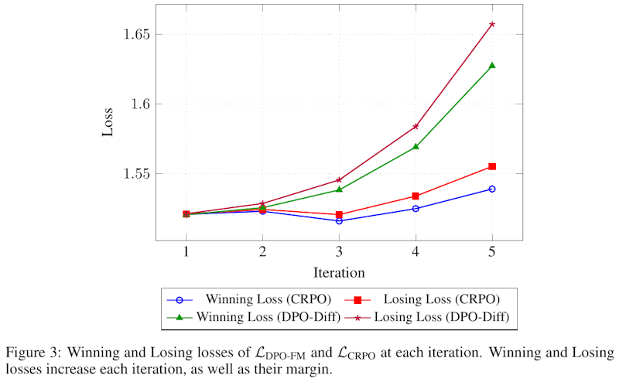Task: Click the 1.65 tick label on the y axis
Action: tap(132, 35)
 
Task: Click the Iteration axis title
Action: tap(339, 272)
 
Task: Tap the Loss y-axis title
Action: tap(108, 121)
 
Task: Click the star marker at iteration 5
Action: tap(492, 25)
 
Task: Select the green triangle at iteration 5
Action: tap(492, 66)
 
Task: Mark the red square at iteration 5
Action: tap(492, 166)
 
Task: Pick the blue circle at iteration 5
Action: tap(492, 189)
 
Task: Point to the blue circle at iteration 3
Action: tap(339, 221)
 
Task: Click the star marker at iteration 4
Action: tap(416, 126)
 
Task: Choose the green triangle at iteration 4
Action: tap(416, 146)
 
